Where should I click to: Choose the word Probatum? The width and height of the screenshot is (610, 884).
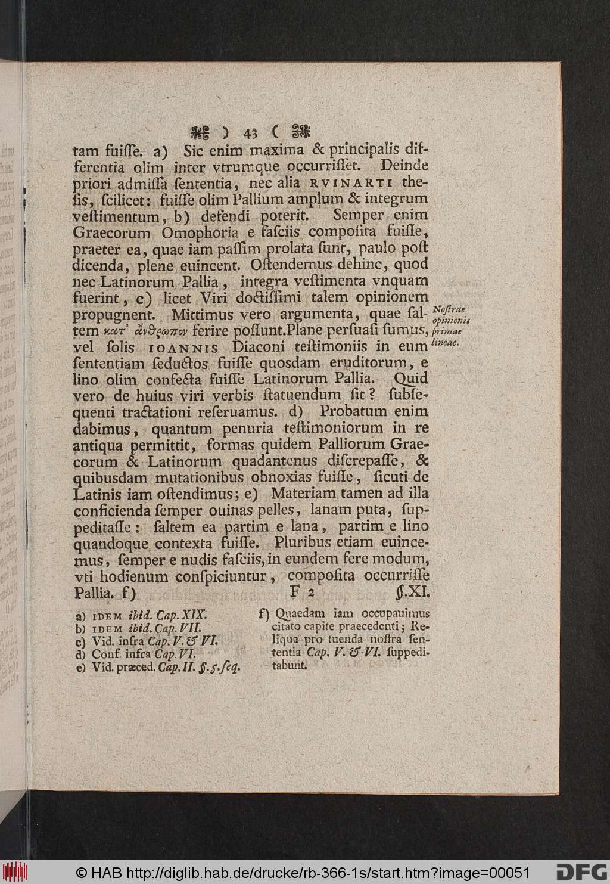coord(353,411)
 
